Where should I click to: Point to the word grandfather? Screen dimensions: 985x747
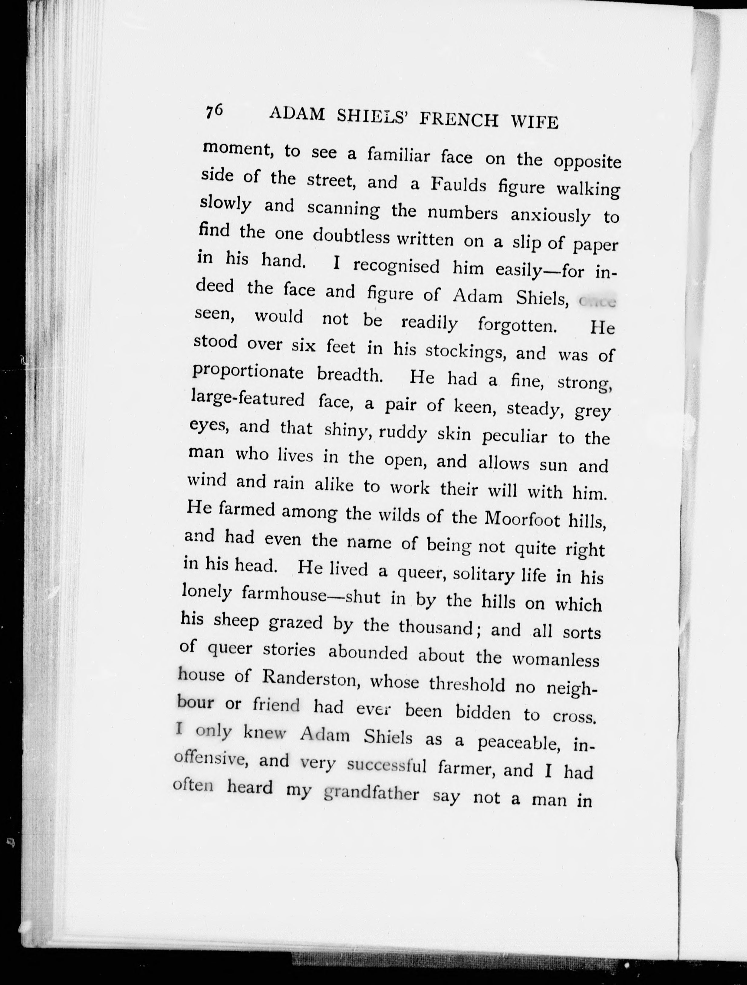[371, 794]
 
